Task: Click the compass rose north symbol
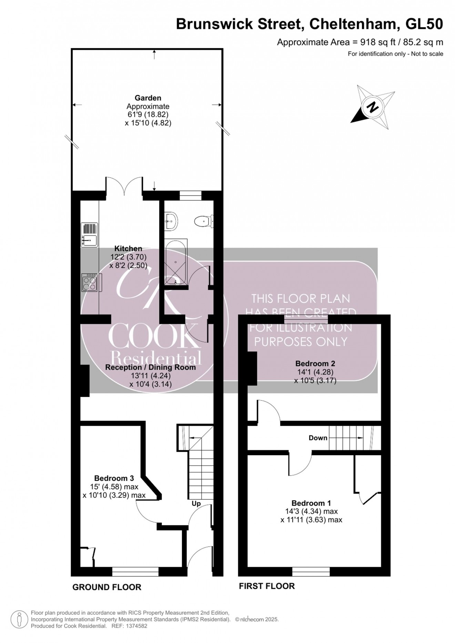pos(373,107)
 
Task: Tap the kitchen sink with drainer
pos(89,235)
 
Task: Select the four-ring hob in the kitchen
pos(90,282)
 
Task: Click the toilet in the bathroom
pos(203,221)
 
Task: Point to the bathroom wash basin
pos(171,221)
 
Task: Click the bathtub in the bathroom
pos(176,262)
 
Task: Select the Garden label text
pos(148,98)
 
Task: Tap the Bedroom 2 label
pos(315,363)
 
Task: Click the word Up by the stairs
pos(196,503)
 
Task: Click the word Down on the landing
pos(318,438)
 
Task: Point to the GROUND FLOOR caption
pos(107,587)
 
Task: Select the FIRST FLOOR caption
pos(267,586)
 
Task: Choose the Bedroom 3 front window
pos(135,572)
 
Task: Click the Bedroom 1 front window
pos(311,572)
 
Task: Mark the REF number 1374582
pos(135,626)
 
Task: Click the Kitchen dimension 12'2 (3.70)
pos(128,257)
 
